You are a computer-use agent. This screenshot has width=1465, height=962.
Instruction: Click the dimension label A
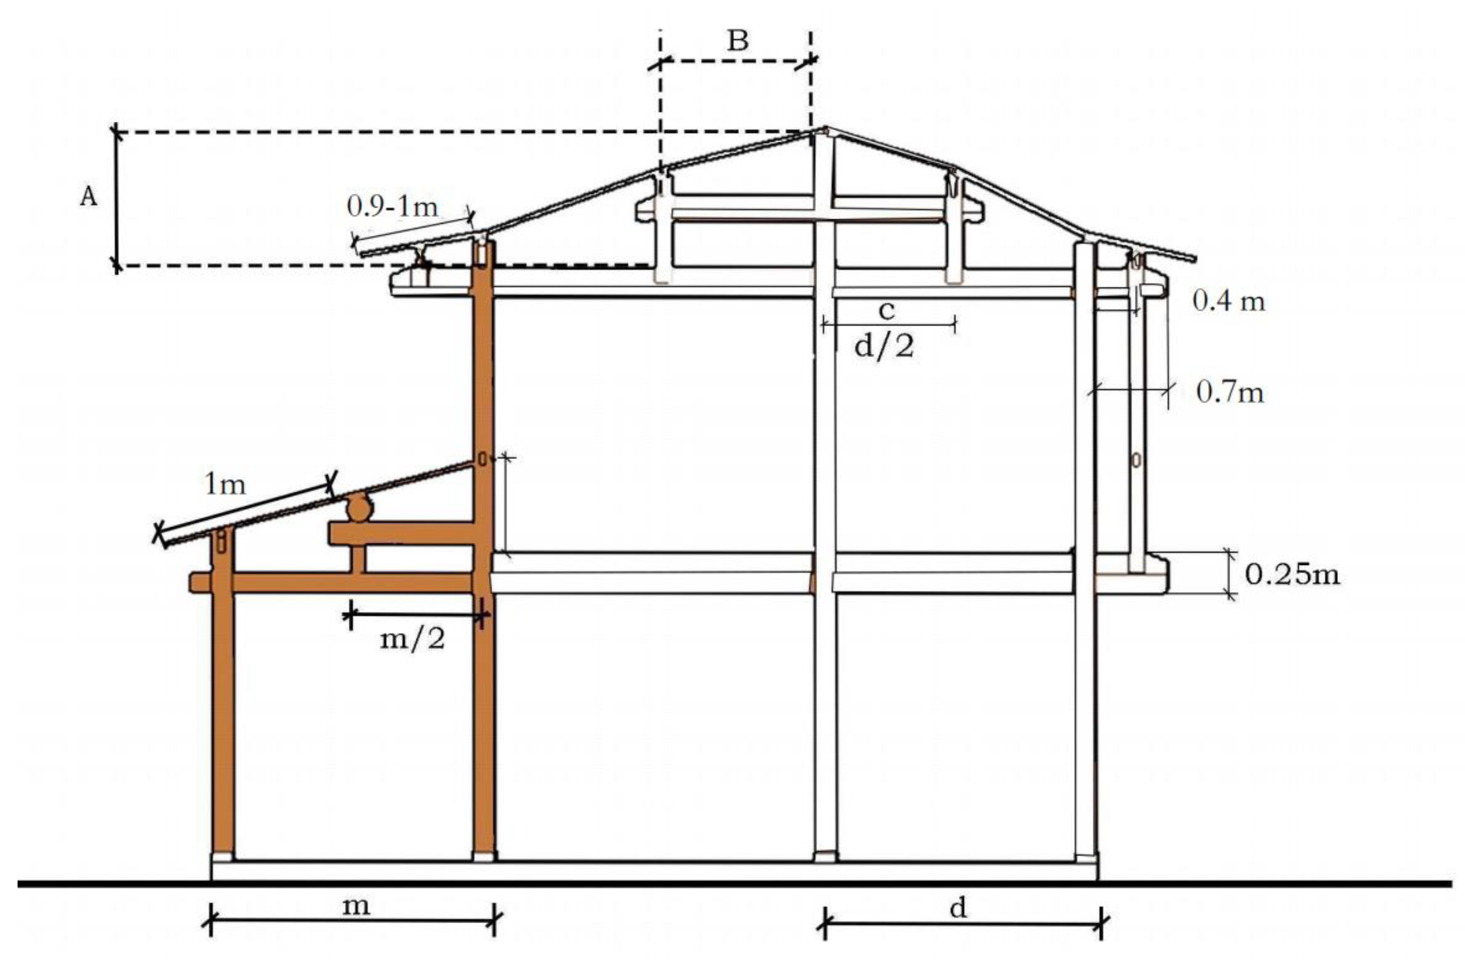point(89,197)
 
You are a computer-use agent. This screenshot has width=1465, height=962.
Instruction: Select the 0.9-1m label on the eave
point(392,207)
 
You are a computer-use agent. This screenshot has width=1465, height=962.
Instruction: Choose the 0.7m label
point(1229,392)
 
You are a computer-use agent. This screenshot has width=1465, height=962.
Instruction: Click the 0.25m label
point(1292,574)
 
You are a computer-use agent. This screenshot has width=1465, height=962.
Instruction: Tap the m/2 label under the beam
point(412,639)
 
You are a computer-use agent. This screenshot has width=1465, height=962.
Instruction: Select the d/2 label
point(884,347)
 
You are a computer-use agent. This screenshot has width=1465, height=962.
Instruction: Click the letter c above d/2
point(886,311)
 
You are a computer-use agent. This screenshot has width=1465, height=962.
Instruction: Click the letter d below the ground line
point(958,908)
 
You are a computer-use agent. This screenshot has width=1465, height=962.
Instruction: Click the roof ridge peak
point(825,129)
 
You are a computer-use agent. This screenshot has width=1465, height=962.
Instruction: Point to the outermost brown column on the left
point(223,708)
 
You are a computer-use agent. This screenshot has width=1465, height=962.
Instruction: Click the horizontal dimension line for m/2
point(419,614)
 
